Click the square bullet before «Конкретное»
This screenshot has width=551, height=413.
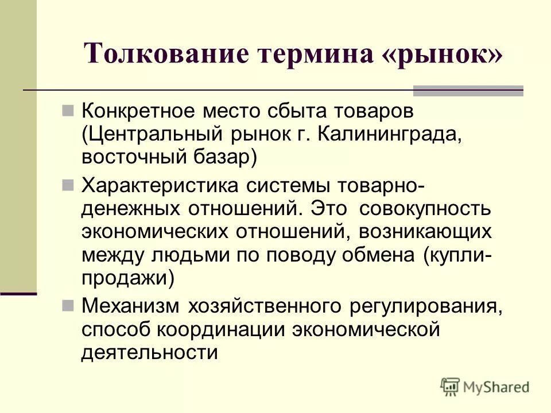[67, 108]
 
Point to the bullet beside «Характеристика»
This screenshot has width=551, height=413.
[67, 185]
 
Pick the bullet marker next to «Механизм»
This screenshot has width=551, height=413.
[67, 305]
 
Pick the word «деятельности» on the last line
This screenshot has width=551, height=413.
[149, 352]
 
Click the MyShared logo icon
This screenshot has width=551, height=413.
[451, 386]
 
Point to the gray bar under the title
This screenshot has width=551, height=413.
[468, 91]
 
